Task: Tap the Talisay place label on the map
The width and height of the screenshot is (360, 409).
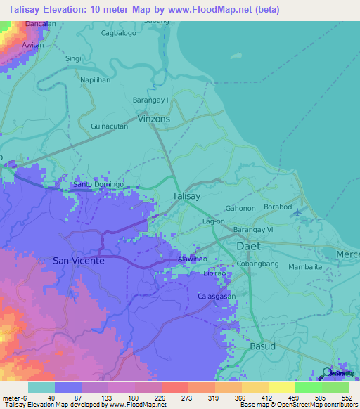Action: pos(188,197)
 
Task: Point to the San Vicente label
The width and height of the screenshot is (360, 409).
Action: pos(79,261)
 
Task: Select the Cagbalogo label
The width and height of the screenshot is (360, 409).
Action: pos(119,33)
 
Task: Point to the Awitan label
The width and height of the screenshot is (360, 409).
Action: pos(33,45)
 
